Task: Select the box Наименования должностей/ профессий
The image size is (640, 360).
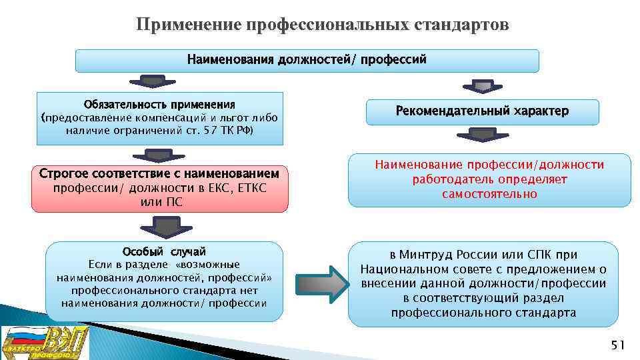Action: click(307, 60)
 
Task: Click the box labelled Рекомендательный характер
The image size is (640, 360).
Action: click(483, 111)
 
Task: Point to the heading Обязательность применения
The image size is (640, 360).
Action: click(159, 105)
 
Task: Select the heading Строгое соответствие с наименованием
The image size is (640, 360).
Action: click(159, 174)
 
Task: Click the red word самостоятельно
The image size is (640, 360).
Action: click(489, 194)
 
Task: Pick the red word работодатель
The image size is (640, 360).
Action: click(444, 179)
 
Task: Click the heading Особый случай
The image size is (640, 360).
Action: click(164, 251)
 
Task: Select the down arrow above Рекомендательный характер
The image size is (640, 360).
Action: click(482, 86)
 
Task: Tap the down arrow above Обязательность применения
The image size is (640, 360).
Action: click(155, 82)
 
